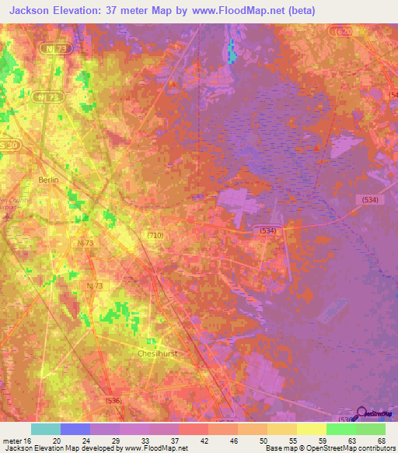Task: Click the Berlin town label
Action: pos(48,179)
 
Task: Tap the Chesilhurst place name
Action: pos(159,353)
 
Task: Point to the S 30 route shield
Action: pos(9,146)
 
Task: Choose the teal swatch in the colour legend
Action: pos(46,429)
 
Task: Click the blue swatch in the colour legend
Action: pos(75,429)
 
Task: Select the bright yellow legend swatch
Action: pos(311,429)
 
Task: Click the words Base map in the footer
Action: pos(280,448)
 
